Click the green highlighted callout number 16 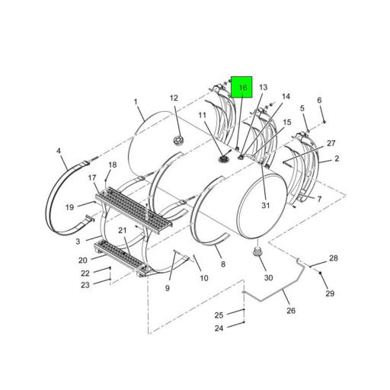[x=241, y=89]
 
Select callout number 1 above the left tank [x=136, y=101]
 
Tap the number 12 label [x=174, y=97]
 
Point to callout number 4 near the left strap [x=59, y=151]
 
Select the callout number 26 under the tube [x=290, y=310]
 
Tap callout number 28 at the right [x=333, y=258]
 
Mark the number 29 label [x=330, y=293]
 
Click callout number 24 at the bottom [x=219, y=328]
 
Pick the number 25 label [x=219, y=315]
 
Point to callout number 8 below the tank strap [x=222, y=264]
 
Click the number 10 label [x=204, y=278]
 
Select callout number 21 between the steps [x=122, y=231]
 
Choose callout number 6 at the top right [x=320, y=101]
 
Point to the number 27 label [x=331, y=143]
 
